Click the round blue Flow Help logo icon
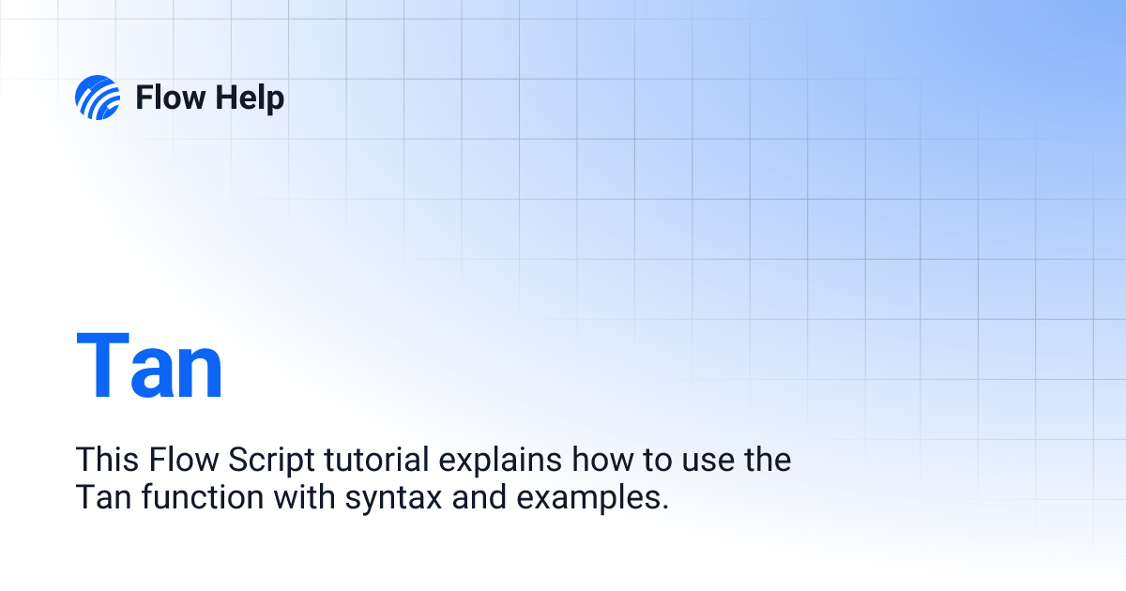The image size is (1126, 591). [x=98, y=98]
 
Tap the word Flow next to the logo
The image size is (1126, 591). [x=171, y=98]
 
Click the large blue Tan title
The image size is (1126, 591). [x=149, y=365]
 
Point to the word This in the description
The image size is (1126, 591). [x=107, y=459]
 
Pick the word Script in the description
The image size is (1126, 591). [x=271, y=461]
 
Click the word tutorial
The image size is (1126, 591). [x=376, y=459]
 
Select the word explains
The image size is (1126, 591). [x=500, y=461]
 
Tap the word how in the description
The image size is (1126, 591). [x=602, y=459]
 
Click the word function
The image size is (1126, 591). [x=203, y=496]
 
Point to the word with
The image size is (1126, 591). [x=305, y=496]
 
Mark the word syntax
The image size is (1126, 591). [x=393, y=500]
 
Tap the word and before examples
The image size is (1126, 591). [x=479, y=496]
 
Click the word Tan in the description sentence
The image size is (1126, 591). [x=103, y=496]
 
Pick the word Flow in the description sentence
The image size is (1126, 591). [x=184, y=459]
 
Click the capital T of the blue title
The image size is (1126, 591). [x=103, y=364]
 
